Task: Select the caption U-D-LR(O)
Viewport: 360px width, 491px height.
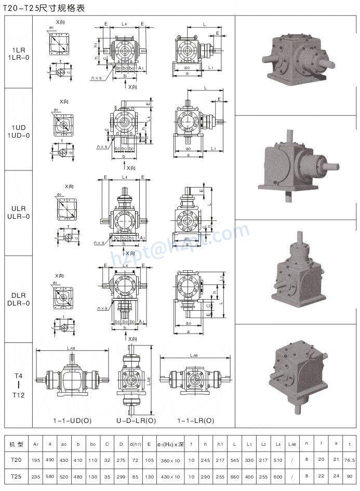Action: (x=136, y=420)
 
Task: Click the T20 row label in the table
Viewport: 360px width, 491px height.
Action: (x=16, y=460)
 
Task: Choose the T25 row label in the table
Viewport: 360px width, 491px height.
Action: (x=16, y=476)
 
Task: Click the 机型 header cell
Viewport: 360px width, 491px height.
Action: (x=16, y=445)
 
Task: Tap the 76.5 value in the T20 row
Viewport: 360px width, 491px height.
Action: (x=349, y=460)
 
